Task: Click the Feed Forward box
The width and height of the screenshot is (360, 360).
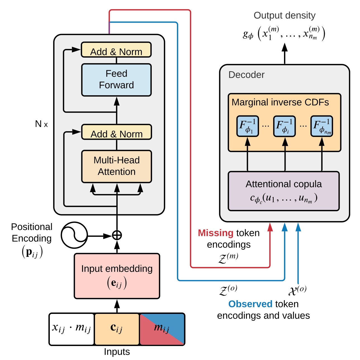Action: [x=116, y=80]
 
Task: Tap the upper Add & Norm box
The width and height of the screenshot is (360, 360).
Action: [x=116, y=50]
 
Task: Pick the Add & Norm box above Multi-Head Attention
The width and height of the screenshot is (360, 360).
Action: [x=116, y=132]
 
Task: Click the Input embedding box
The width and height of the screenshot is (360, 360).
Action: [x=117, y=276]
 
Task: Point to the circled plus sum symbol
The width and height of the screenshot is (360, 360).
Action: [x=117, y=235]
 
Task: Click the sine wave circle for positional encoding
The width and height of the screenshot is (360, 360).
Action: [x=74, y=235]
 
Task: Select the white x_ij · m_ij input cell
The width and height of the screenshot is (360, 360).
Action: [x=72, y=329]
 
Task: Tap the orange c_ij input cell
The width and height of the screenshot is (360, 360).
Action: [x=117, y=329]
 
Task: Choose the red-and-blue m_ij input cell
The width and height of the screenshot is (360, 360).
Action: [x=162, y=329]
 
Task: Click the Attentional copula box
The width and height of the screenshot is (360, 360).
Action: [x=284, y=191]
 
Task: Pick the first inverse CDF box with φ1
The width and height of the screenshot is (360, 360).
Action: [x=248, y=126]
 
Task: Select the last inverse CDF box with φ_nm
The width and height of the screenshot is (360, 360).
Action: [x=322, y=126]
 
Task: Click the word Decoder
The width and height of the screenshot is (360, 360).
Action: [x=246, y=75]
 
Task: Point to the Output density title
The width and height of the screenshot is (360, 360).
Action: [x=285, y=15]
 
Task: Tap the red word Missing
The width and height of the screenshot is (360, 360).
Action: [x=215, y=233]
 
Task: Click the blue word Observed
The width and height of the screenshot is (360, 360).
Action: [x=250, y=304]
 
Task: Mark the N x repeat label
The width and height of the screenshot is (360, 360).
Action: [x=41, y=124]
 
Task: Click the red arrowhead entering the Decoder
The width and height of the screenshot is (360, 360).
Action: [x=270, y=227]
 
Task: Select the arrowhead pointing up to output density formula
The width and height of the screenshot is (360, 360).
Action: [x=285, y=48]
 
